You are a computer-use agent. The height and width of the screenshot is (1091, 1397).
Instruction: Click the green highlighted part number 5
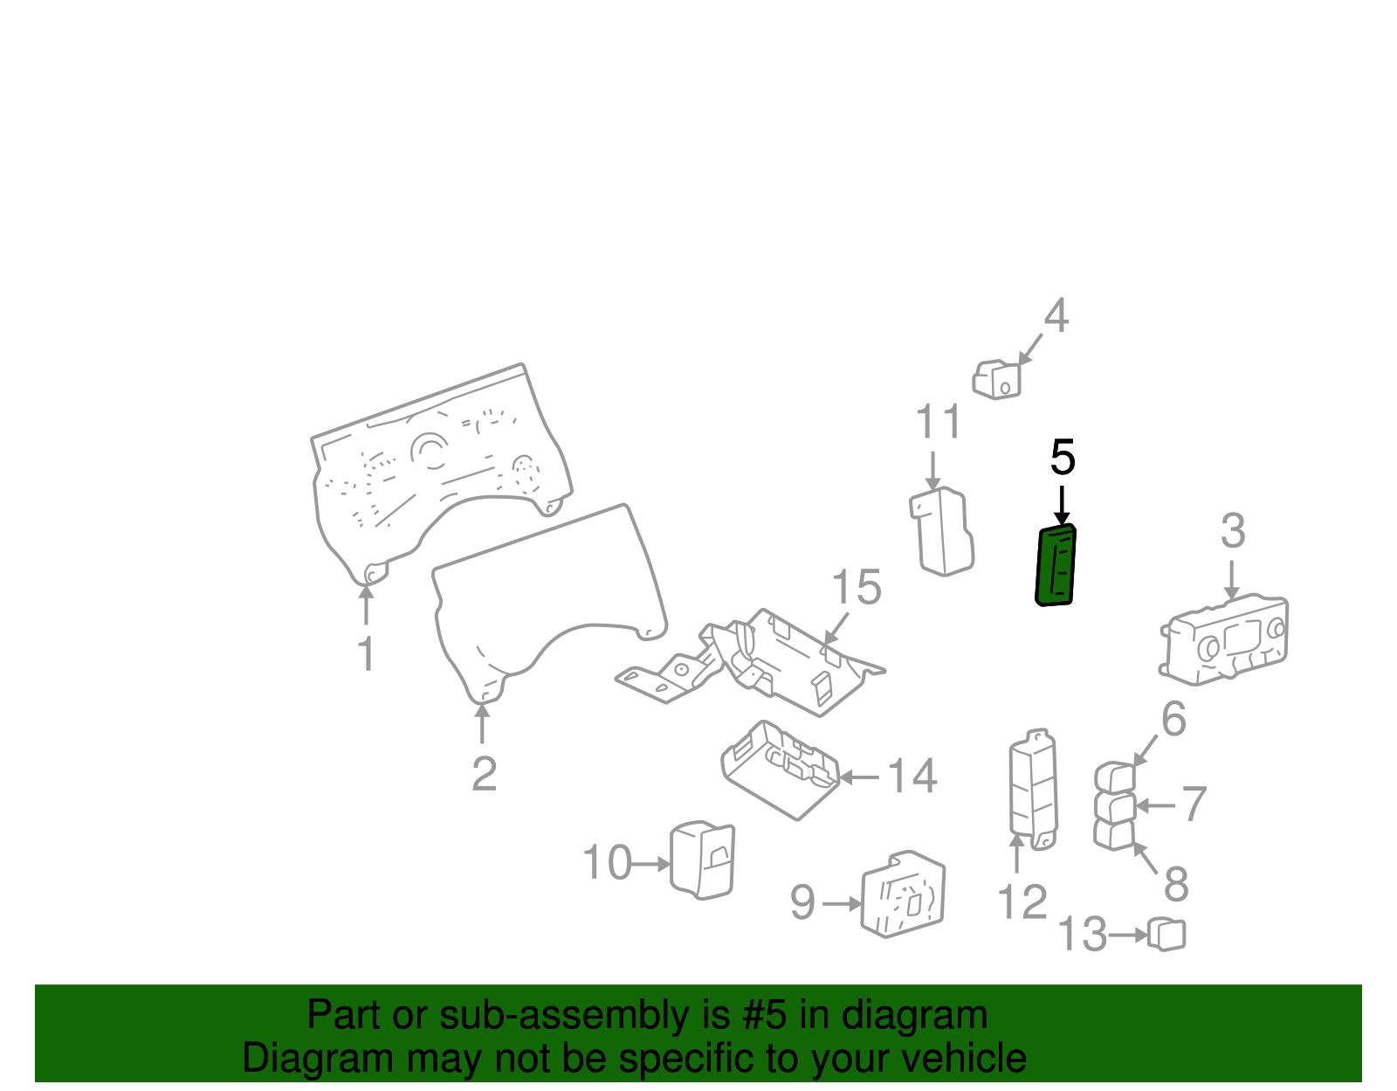pyautogui.click(x=1055, y=565)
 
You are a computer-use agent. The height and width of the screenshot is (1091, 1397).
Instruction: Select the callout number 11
pyautogui.click(x=938, y=422)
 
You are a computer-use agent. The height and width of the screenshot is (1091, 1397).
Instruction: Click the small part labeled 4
pyautogui.click(x=996, y=379)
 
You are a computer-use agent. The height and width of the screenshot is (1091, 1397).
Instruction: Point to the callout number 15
pyautogui.click(x=856, y=587)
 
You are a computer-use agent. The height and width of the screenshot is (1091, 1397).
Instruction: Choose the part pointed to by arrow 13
pyautogui.click(x=1166, y=935)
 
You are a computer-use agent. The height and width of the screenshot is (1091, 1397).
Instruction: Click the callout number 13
pyautogui.click(x=1083, y=934)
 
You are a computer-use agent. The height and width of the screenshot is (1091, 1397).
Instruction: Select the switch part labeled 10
pyautogui.click(x=702, y=860)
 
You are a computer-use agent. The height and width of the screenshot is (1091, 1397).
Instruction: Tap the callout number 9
pyautogui.click(x=803, y=902)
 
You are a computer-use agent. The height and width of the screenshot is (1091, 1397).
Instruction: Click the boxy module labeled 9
pyautogui.click(x=903, y=894)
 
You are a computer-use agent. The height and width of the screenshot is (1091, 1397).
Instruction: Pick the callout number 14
pyautogui.click(x=912, y=776)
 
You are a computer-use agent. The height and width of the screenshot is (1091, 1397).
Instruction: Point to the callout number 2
pyautogui.click(x=484, y=774)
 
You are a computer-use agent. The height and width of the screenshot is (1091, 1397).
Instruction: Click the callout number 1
pyautogui.click(x=367, y=654)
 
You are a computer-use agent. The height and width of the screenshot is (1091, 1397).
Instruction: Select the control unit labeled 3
pyautogui.click(x=1223, y=639)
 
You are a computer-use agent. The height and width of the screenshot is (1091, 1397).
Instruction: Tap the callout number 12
pyautogui.click(x=1022, y=902)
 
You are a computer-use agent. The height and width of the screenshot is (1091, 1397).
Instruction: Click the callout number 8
pyautogui.click(x=1176, y=884)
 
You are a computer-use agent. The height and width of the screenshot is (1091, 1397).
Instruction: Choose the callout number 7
pyautogui.click(x=1194, y=804)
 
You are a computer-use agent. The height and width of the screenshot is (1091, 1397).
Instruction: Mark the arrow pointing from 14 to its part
pyautogui.click(x=859, y=777)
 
